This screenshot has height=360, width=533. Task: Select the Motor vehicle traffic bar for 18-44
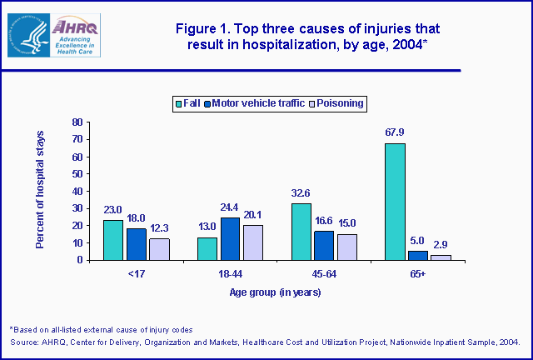click(231, 239)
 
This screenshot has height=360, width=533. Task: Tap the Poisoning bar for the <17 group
click(160, 249)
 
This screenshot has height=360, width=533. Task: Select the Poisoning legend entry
click(339, 103)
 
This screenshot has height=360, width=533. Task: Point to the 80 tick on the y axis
click(76, 122)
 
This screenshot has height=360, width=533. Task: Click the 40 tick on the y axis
click(76, 191)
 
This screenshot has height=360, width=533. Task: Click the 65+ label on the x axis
click(418, 273)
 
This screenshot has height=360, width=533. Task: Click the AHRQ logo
click(54, 35)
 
